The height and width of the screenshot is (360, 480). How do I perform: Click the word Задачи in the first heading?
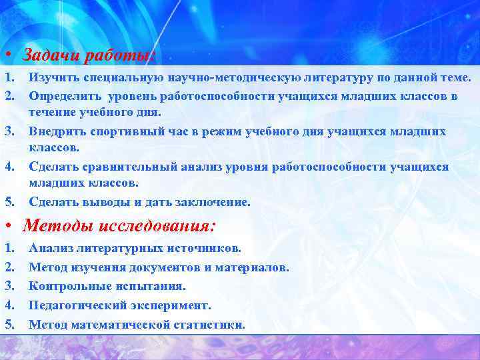point(48,55)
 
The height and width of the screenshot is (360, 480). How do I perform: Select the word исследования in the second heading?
point(157,225)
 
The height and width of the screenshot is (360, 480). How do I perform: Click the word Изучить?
point(51,79)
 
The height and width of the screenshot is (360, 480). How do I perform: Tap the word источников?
point(203,249)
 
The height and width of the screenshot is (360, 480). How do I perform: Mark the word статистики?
point(209,325)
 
